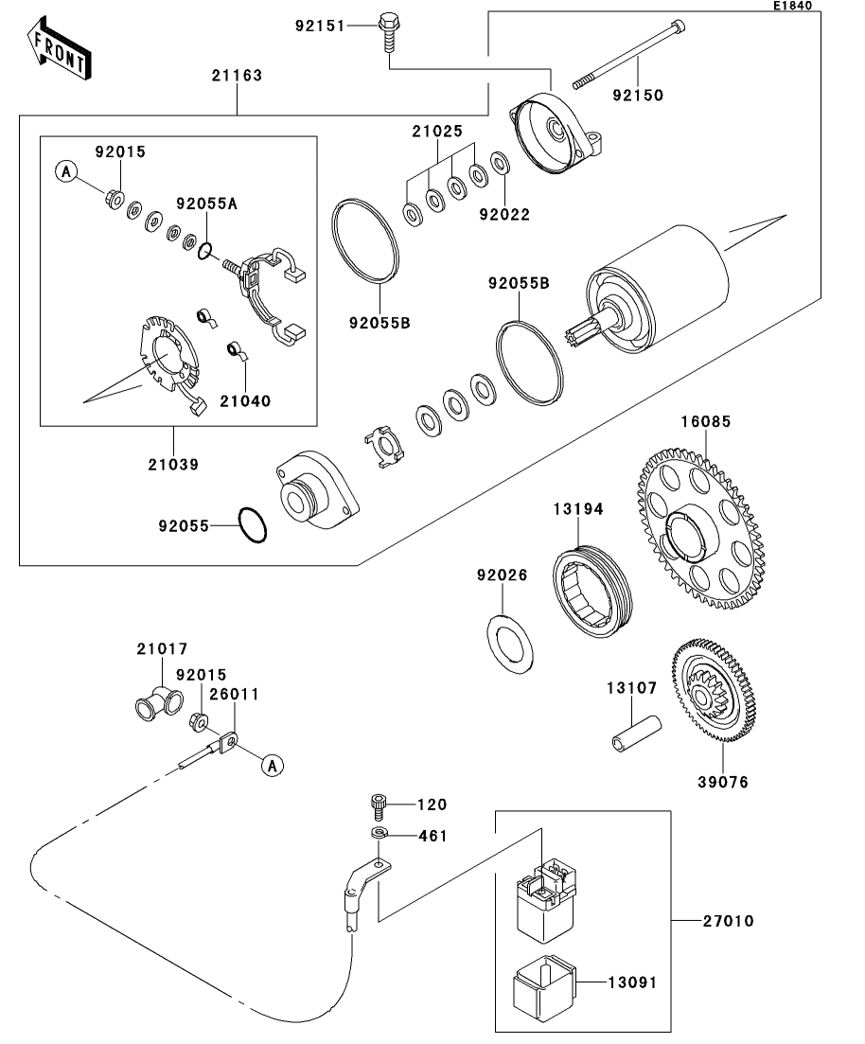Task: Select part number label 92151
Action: click(320, 26)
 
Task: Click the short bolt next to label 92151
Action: click(387, 32)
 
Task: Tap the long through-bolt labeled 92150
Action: click(629, 55)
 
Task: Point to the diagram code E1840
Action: click(792, 6)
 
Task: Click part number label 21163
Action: click(237, 75)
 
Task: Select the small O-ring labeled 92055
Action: click(253, 525)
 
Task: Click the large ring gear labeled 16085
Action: click(701, 528)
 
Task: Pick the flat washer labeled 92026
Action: click(511, 644)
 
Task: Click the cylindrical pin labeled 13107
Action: click(636, 734)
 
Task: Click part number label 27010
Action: click(729, 921)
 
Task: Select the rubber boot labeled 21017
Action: click(159, 702)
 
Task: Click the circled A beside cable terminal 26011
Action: click(273, 766)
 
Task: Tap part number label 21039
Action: click(173, 464)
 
